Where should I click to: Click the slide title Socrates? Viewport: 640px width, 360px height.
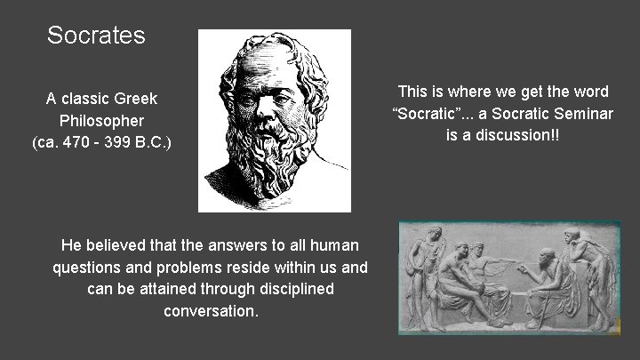96,36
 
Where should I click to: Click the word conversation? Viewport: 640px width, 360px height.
210,311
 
